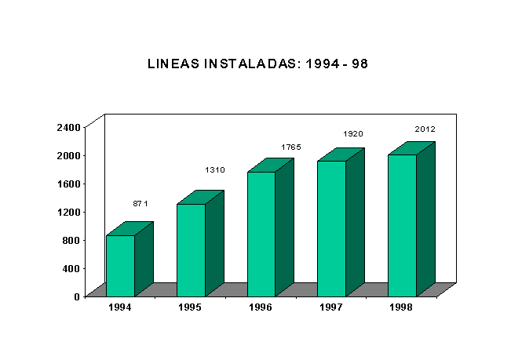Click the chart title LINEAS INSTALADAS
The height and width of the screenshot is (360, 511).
[257, 64]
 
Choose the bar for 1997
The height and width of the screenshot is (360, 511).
[331, 228]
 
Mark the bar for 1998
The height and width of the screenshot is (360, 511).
[402, 225]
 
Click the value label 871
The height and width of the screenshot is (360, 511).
[141, 204]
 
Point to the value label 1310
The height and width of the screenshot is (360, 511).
[215, 170]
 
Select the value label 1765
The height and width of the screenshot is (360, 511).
[291, 147]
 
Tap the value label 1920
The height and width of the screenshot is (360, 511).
[353, 134]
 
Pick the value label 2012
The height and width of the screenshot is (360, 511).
[425, 129]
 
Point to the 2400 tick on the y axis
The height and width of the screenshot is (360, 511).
[69, 127]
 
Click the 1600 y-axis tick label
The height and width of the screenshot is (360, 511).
[69, 184]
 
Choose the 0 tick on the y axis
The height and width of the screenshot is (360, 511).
[77, 296]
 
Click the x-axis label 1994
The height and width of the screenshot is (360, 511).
[120, 307]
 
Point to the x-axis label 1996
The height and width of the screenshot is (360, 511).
[261, 307]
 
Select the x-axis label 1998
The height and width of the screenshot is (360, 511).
[401, 307]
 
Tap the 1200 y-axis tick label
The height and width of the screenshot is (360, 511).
[69, 212]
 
